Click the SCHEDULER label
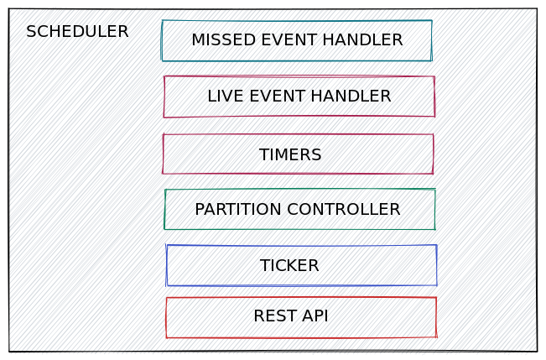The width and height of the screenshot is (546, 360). point(77,32)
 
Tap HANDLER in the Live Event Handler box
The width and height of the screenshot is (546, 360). point(352,97)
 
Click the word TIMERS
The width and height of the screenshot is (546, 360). point(290,155)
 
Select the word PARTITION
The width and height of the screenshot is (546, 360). point(238,210)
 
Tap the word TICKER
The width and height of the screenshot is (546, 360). point(289,266)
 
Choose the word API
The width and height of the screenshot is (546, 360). point(314,316)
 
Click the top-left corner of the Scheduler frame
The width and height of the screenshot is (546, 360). point(9,10)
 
